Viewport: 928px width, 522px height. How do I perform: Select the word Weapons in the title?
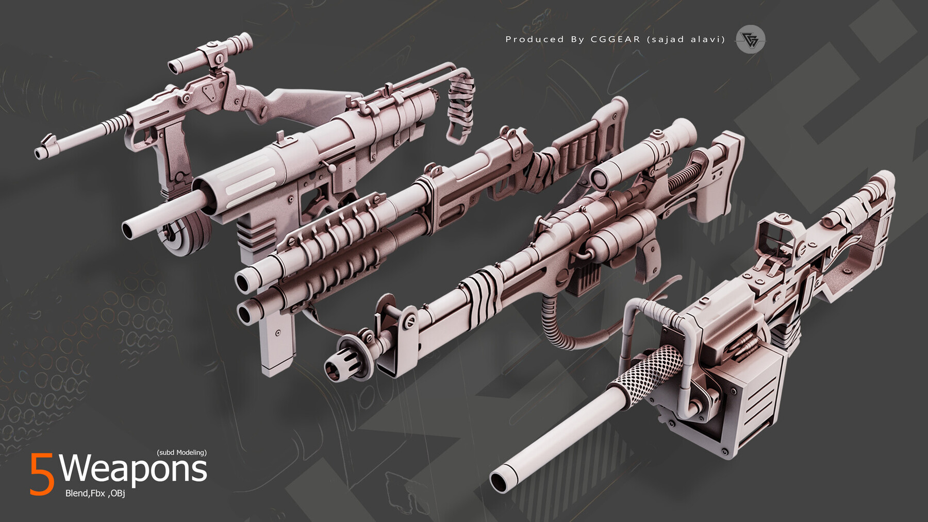click(x=133, y=469)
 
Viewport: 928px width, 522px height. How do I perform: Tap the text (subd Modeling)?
click(x=181, y=452)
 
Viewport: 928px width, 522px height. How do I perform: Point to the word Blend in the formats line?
click(x=76, y=493)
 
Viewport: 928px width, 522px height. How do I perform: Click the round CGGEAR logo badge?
click(x=750, y=39)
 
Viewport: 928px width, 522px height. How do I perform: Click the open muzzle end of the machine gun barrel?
click(x=499, y=481)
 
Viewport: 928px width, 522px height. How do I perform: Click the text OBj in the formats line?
click(x=117, y=493)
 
